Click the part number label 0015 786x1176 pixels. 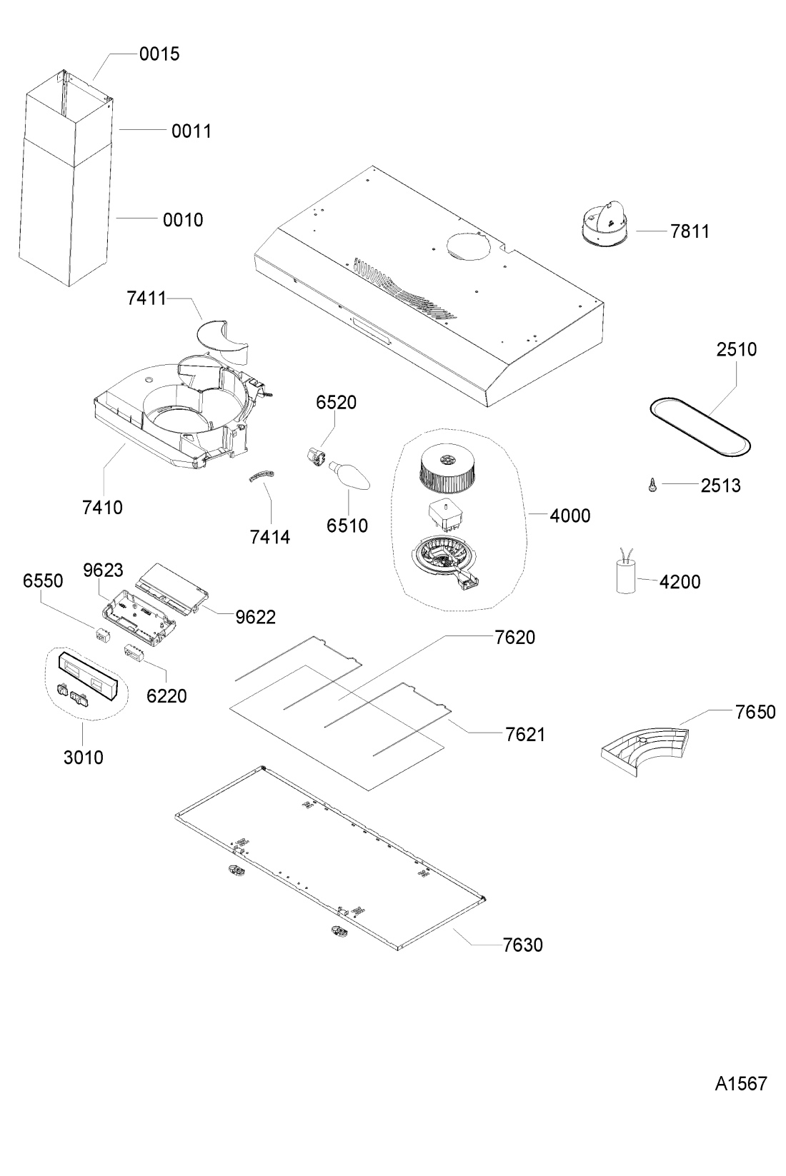(x=159, y=54)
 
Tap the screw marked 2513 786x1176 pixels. (x=652, y=485)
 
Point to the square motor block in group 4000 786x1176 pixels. (x=447, y=517)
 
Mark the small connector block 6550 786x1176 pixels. (x=102, y=633)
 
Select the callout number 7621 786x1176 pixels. (x=525, y=735)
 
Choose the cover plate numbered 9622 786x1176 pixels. (x=172, y=588)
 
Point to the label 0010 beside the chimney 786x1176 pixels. (x=183, y=220)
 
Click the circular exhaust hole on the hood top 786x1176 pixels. (x=469, y=245)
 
